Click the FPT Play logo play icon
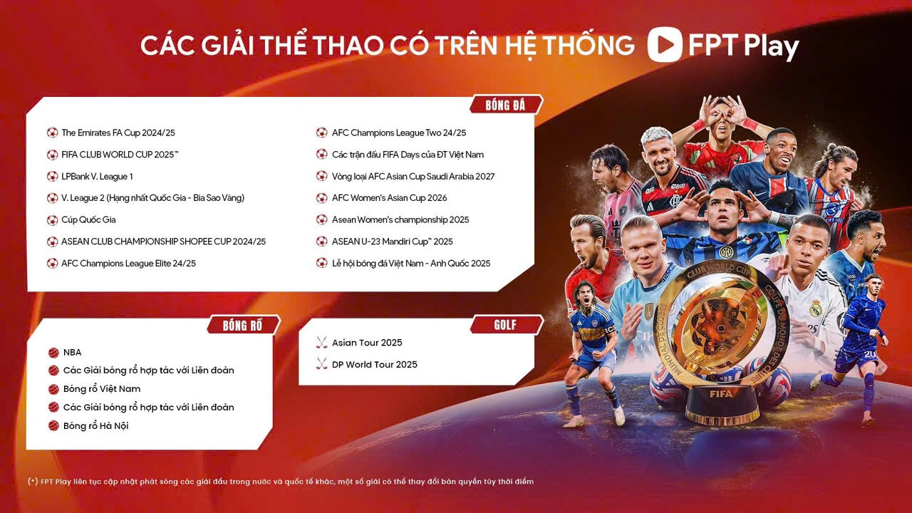click(x=665, y=44)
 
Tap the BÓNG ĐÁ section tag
click(x=506, y=105)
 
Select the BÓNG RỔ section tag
click(x=243, y=326)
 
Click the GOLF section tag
click(x=506, y=324)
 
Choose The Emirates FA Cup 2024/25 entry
click(x=118, y=133)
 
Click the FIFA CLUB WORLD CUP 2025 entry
click(x=120, y=155)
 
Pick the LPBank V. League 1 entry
click(x=97, y=177)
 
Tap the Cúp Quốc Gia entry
click(x=88, y=220)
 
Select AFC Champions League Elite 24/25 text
click(x=128, y=264)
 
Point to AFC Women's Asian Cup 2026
click(x=389, y=198)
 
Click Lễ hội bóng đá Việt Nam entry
click(x=411, y=264)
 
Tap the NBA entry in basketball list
click(x=72, y=353)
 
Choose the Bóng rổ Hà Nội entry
click(x=95, y=426)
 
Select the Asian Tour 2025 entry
click(x=367, y=343)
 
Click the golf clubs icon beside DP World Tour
click(x=321, y=364)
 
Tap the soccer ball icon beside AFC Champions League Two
click(x=321, y=133)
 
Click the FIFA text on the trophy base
click(x=721, y=394)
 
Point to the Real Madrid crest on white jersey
click(x=816, y=309)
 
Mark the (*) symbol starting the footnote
click(x=33, y=481)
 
